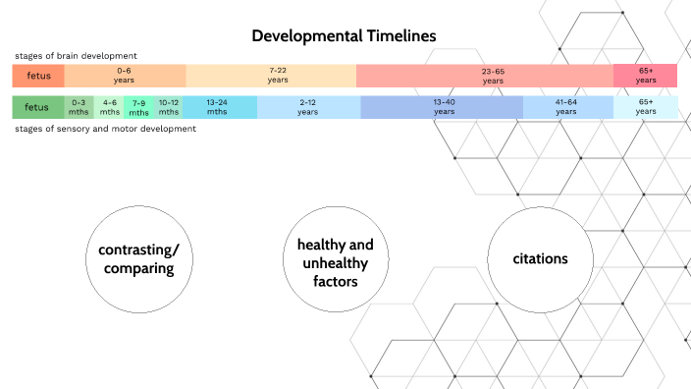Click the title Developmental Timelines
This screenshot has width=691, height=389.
pos(345,35)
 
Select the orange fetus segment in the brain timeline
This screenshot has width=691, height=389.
pos(37,76)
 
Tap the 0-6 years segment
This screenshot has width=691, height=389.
pos(125,76)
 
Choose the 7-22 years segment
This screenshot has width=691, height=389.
pos(271,76)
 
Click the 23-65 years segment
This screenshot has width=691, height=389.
pos(485,76)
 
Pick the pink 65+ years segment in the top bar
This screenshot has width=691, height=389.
pos(645,76)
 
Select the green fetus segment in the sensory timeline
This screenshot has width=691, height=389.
pos(37,107)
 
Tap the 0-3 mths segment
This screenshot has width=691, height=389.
pos(80,107)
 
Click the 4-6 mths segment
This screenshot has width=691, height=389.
pos(110,107)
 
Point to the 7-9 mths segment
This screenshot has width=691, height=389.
pos(138,107)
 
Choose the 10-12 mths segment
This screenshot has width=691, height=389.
pos(169,107)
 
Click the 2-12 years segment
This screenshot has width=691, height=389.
pos(308,107)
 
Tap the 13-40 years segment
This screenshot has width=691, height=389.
pos(443,107)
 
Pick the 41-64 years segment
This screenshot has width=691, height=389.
pos(566,107)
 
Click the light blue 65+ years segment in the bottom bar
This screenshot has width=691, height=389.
pos(645,107)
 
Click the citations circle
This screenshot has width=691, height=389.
pos(540,258)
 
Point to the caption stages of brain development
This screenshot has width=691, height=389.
pos(76,55)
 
